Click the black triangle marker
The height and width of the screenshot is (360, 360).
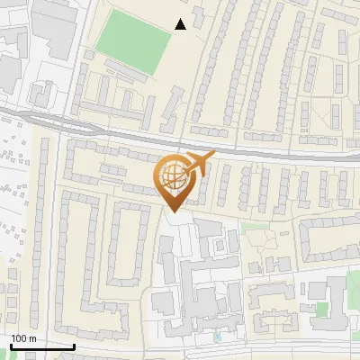pos(181,24)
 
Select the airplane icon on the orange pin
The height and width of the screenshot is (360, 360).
pos(198,164)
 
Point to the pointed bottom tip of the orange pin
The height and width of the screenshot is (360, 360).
pos(172,211)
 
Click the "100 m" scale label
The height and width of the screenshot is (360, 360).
pos(23,337)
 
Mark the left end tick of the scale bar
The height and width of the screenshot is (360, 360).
pos(11,346)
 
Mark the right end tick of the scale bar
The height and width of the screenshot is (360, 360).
pos(74,346)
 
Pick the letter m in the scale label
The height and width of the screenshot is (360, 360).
pos(32,337)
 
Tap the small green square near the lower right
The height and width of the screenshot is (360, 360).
pos(321,309)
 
